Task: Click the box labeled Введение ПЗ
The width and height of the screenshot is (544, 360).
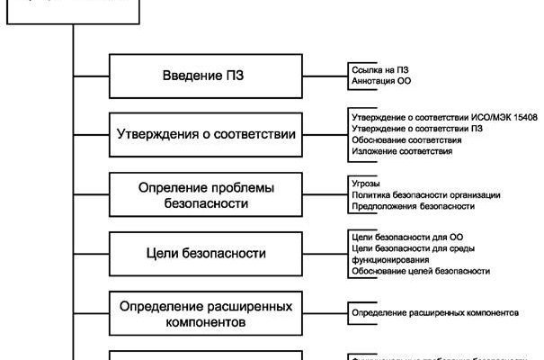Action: (205, 76)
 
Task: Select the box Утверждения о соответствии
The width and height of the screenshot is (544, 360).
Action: (205, 134)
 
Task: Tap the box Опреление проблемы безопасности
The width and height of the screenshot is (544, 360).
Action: (205, 195)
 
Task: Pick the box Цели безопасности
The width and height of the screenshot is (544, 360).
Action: (205, 254)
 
